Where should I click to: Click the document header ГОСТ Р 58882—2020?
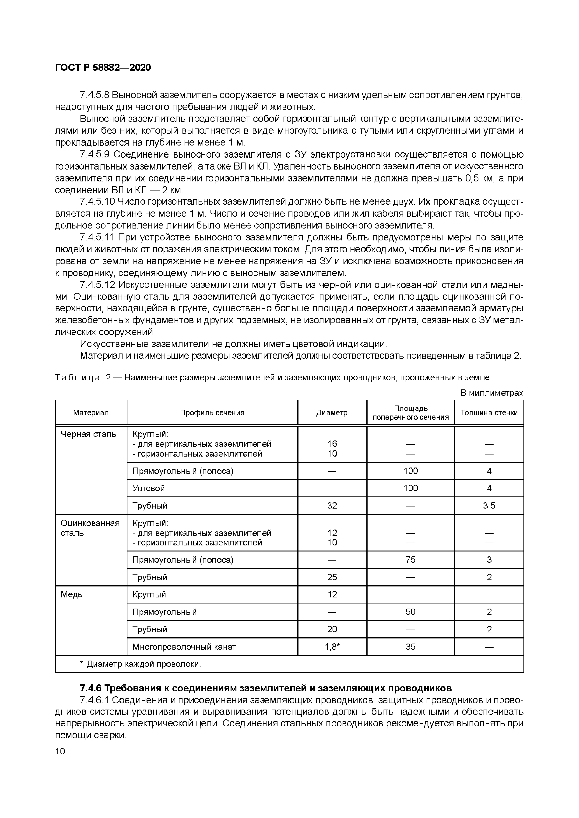pos(103,67)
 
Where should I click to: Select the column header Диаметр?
pos(332,412)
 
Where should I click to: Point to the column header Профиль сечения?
pos(212,412)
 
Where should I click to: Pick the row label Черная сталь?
pos(88,434)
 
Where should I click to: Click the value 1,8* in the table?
pos(332,647)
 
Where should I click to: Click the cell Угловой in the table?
pos(148,488)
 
